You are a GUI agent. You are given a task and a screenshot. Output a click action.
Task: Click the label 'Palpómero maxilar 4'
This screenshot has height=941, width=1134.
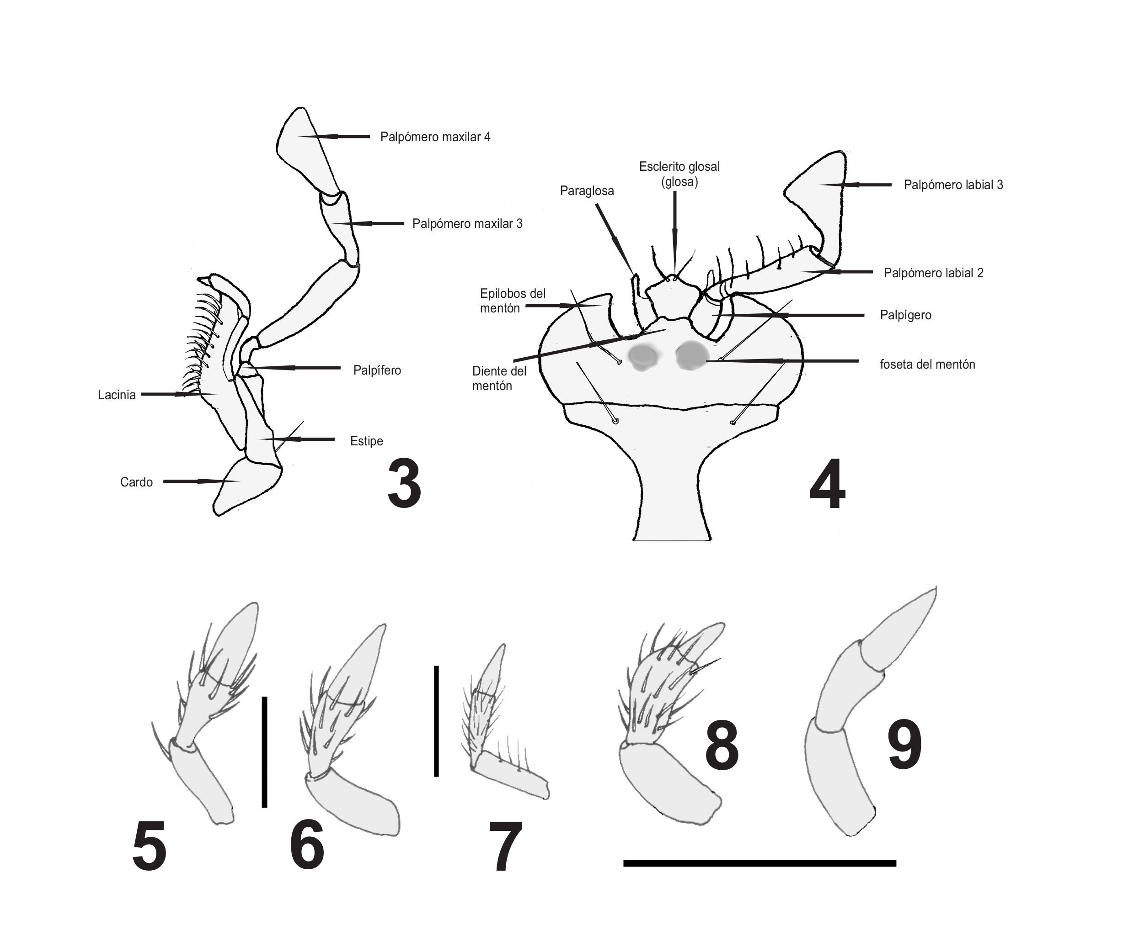(435, 137)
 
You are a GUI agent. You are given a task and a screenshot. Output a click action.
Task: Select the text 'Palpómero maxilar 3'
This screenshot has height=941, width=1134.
(467, 224)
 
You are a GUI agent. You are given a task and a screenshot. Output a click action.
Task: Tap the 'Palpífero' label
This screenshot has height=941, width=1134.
(377, 370)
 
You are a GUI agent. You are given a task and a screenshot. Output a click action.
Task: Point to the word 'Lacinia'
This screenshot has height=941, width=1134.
(117, 395)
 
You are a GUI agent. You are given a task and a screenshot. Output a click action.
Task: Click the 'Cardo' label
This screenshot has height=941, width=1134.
(136, 482)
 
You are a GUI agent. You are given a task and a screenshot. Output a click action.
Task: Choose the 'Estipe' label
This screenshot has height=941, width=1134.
(366, 441)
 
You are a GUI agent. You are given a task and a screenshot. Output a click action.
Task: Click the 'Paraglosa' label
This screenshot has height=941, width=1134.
(587, 191)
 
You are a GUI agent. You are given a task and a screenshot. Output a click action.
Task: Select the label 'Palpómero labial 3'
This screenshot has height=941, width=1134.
(953, 185)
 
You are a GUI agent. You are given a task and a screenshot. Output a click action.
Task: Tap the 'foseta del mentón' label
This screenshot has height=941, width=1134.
(927, 364)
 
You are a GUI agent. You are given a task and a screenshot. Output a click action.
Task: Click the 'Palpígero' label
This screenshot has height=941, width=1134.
(905, 315)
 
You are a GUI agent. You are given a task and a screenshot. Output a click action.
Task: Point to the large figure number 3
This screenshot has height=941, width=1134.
(404, 484)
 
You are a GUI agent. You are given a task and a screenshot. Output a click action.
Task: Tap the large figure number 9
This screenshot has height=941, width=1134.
(904, 745)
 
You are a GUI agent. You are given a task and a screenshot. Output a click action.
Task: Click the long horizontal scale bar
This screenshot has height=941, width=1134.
(759, 863)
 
